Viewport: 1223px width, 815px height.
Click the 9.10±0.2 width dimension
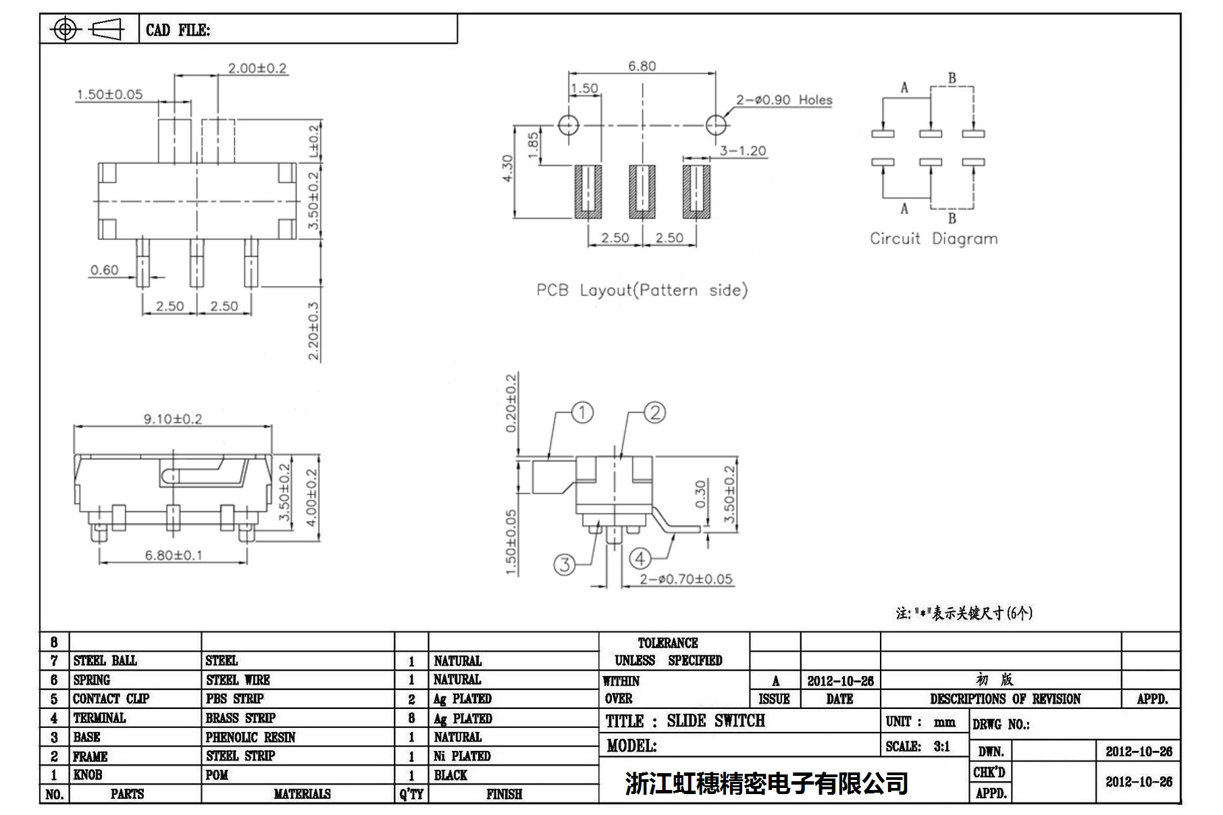click(172, 419)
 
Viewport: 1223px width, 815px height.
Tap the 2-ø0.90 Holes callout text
click(783, 100)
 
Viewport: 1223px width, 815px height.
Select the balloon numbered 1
click(582, 413)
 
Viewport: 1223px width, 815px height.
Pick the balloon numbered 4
click(640, 558)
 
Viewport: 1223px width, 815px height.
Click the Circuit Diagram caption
click(933, 239)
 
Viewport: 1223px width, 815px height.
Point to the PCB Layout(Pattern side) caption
click(642, 290)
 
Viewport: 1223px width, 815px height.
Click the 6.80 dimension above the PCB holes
click(642, 66)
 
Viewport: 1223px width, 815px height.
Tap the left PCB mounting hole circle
click(569, 125)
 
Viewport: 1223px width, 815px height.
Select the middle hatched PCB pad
click(642, 191)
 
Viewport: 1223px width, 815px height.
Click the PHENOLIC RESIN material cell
click(251, 737)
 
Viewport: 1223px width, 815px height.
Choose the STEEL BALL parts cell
click(105, 661)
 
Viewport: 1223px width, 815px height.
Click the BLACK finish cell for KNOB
click(450, 775)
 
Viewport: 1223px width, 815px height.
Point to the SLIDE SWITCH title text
click(716, 721)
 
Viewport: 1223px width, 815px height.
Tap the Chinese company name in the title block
click(766, 783)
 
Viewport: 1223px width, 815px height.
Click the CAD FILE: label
click(178, 30)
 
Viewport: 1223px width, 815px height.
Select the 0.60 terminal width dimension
click(104, 270)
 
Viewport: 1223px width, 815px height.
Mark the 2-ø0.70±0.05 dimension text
click(685, 579)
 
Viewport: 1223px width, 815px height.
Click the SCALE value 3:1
click(941, 747)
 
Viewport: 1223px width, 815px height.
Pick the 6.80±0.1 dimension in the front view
click(173, 556)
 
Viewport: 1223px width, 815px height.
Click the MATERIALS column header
click(302, 794)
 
